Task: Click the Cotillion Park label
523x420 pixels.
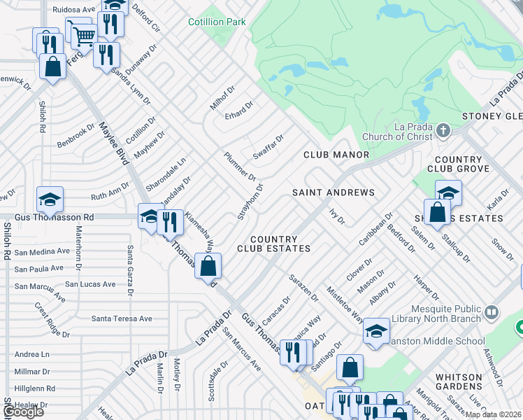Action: coord(217,22)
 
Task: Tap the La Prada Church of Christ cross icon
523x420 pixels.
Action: coord(443,131)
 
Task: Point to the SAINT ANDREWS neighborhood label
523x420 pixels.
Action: coord(333,192)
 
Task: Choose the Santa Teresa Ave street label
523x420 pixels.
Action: coord(122,318)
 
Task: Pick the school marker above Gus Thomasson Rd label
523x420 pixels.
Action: coord(50,199)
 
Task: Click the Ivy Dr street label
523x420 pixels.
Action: coord(337,216)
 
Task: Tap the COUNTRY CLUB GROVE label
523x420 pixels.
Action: coord(458,164)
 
